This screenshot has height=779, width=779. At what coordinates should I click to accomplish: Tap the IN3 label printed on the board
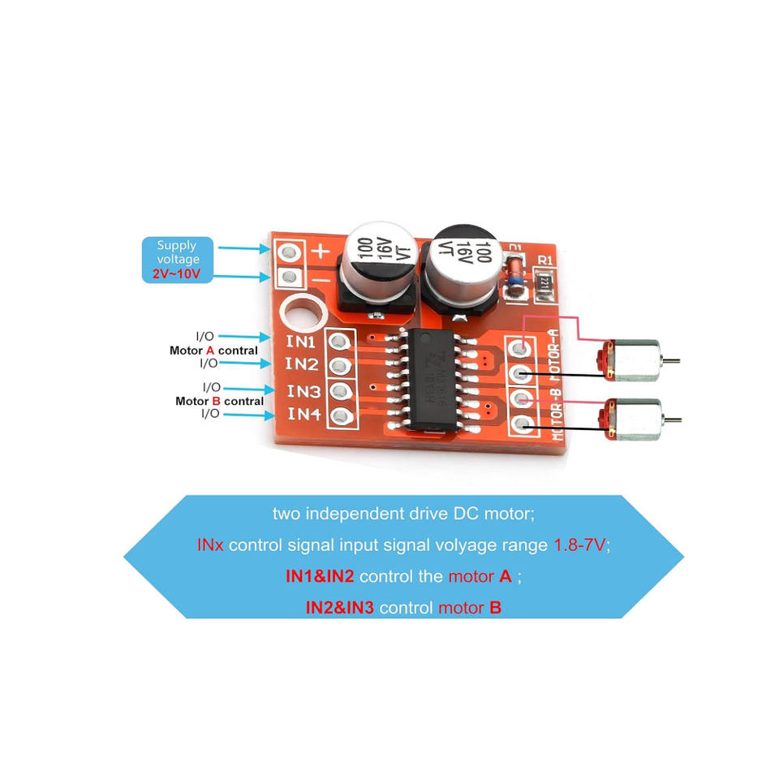[x=303, y=391]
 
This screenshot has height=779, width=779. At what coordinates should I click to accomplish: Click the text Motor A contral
[x=213, y=351]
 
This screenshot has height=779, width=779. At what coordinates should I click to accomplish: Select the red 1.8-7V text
[x=579, y=544]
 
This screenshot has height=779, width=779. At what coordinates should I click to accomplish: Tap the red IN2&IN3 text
[x=339, y=607]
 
